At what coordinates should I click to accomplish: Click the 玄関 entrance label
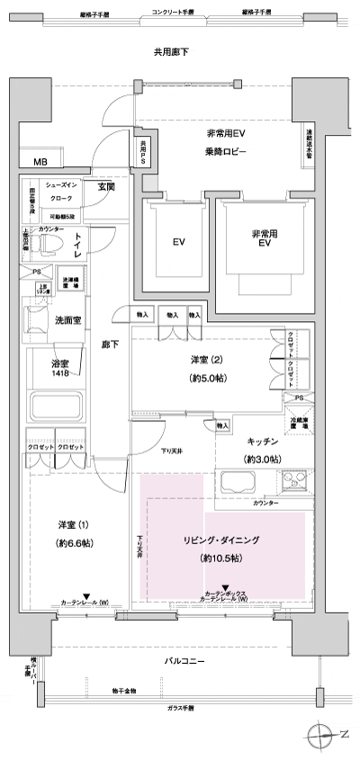point(105,187)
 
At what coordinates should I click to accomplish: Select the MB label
point(40,163)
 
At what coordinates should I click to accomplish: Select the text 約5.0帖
point(220,378)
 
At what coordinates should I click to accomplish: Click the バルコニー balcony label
point(183,662)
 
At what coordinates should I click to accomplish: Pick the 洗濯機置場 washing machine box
point(72,281)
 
